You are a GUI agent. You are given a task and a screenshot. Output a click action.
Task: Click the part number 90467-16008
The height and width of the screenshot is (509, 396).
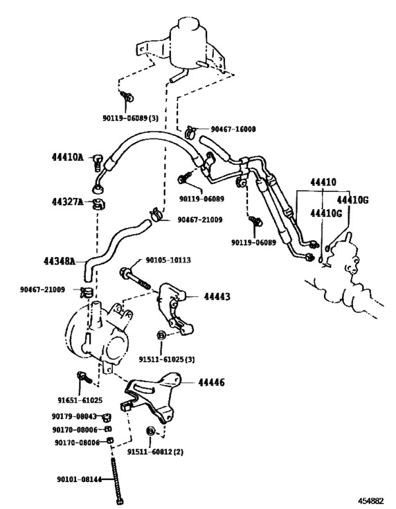(233, 130)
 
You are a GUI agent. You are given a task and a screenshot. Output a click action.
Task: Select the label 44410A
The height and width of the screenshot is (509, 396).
(68, 157)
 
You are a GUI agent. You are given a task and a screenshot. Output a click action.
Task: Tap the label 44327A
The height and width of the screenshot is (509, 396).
(68, 202)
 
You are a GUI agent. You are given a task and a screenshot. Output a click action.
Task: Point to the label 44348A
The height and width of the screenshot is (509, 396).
(60, 260)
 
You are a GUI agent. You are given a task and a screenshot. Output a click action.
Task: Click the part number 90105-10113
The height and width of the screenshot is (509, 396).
(168, 260)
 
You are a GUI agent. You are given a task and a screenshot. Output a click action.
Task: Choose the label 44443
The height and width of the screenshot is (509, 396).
(217, 296)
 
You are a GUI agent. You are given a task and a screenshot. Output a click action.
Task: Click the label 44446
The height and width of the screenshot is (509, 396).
(211, 382)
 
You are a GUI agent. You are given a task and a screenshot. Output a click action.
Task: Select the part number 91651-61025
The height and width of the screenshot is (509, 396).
(80, 400)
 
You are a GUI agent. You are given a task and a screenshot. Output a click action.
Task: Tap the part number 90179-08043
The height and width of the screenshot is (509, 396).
(74, 416)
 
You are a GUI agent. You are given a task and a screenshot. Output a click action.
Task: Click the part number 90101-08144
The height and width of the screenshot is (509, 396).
(80, 479)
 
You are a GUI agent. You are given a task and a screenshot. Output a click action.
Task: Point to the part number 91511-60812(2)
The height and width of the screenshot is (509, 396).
(155, 452)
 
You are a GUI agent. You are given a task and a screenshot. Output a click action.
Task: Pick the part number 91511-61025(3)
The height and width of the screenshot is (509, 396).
(167, 359)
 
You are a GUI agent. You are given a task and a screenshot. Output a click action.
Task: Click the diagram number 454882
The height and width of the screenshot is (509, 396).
(371, 500)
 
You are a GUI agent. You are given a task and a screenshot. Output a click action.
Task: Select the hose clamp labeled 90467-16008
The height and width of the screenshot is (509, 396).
(190, 132)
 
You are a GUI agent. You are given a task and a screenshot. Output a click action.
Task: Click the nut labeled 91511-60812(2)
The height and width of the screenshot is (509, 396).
(151, 431)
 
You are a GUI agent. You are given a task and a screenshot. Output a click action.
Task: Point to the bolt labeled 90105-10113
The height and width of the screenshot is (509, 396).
(136, 278)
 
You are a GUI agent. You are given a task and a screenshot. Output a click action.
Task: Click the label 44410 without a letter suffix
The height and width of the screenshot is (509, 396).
(323, 182)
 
